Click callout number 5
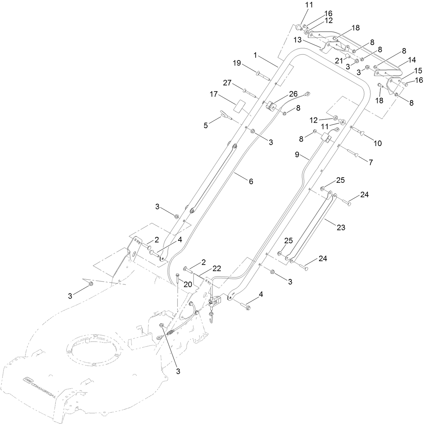[206, 125]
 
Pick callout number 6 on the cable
[251, 181]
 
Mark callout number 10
[378, 143]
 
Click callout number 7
[371, 163]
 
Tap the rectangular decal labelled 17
[240, 106]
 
